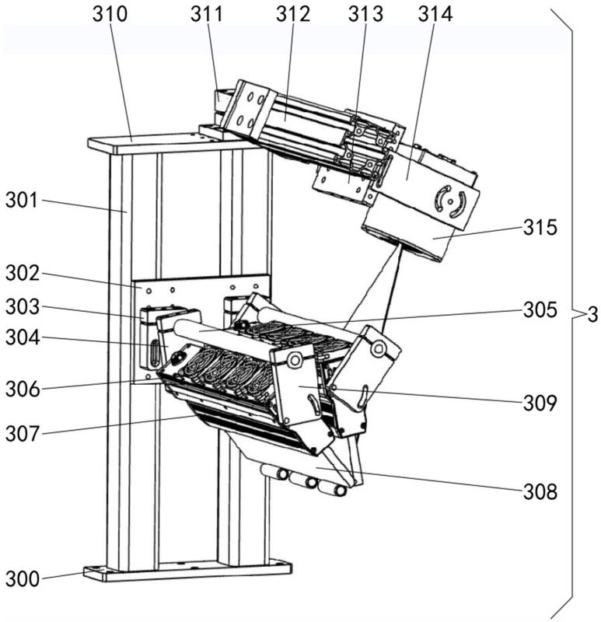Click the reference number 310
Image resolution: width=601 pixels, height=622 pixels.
(x=110, y=14)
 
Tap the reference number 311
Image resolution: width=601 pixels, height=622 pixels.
(x=207, y=14)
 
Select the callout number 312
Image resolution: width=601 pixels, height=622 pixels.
(x=293, y=14)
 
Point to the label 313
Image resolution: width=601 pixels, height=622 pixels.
(x=365, y=14)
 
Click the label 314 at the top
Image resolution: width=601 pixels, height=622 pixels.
(x=435, y=14)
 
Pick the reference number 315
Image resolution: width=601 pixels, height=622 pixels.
(x=540, y=228)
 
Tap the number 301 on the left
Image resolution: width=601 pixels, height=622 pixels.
(x=23, y=201)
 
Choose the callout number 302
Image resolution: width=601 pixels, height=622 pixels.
(x=23, y=274)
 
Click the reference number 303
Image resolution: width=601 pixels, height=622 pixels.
(x=23, y=307)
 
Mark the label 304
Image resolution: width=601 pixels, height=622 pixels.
(x=23, y=338)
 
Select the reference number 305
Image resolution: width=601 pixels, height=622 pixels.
(x=540, y=309)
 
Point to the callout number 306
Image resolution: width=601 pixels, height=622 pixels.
(x=23, y=390)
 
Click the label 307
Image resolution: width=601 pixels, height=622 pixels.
(x=23, y=434)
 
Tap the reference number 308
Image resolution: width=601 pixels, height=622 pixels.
(x=540, y=492)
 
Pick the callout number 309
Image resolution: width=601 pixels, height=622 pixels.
(x=540, y=404)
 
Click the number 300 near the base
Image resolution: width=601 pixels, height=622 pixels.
(x=23, y=578)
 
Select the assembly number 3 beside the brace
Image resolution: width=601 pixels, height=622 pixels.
(x=592, y=315)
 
